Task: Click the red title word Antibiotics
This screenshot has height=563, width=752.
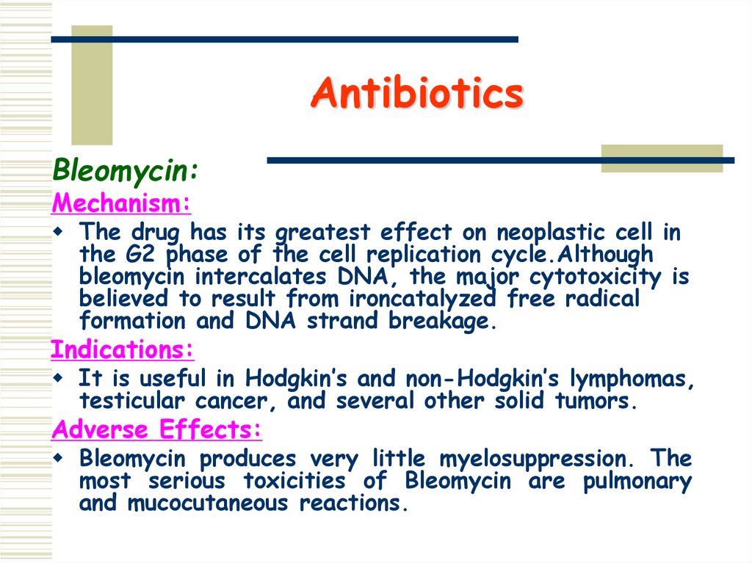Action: [x=416, y=94]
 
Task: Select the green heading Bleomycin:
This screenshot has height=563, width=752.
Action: [x=125, y=171]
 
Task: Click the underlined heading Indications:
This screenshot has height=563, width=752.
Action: [x=122, y=349]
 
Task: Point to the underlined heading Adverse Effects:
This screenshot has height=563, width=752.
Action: [x=156, y=429]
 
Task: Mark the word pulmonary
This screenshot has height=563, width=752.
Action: [x=637, y=482]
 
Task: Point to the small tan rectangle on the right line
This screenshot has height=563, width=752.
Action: [x=662, y=159]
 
